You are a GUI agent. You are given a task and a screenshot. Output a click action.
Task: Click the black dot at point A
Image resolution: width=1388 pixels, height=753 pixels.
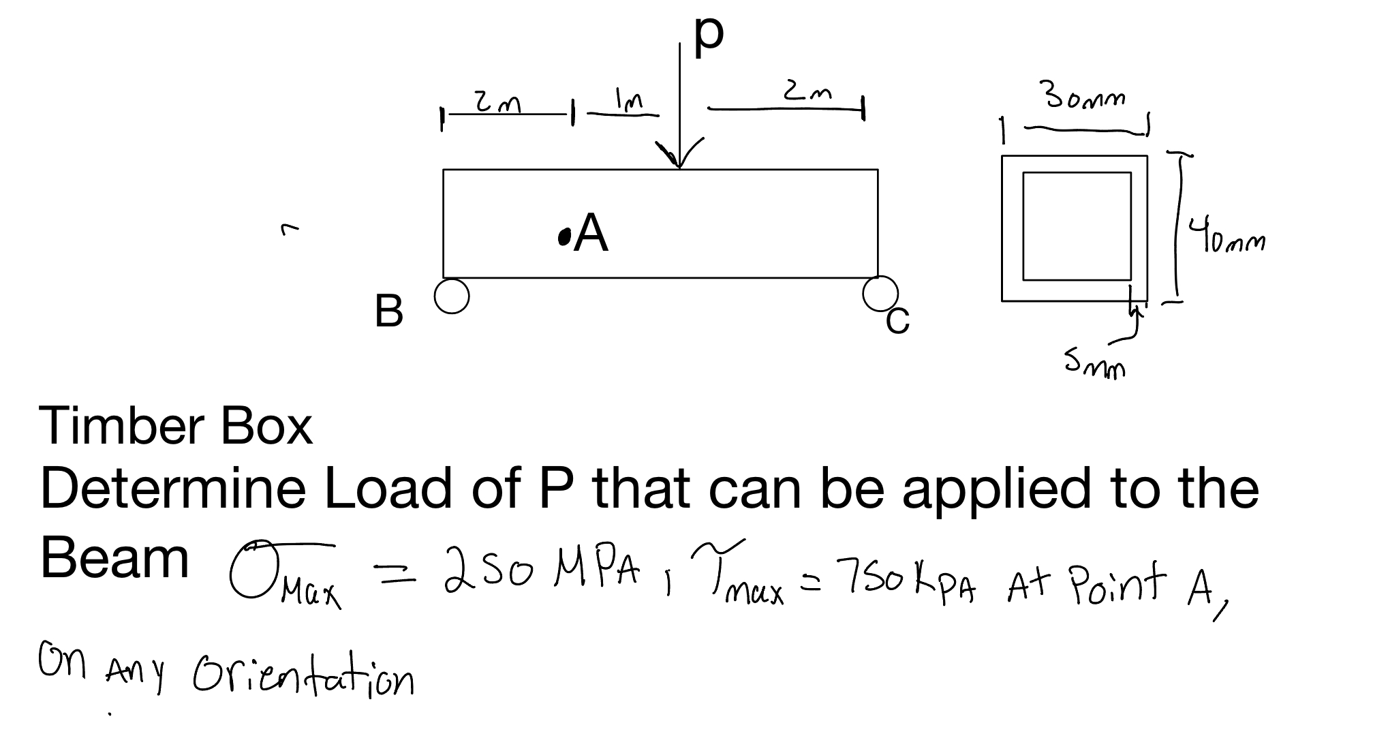point(564,236)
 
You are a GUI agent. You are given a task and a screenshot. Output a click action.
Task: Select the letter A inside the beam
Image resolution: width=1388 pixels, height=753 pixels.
point(591,233)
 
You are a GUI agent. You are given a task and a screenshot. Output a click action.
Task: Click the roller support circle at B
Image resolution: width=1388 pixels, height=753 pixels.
point(452,296)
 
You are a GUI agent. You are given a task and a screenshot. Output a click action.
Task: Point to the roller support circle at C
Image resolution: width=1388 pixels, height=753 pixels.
point(880,293)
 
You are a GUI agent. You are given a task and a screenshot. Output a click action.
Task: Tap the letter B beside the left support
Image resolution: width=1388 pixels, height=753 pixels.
point(388,311)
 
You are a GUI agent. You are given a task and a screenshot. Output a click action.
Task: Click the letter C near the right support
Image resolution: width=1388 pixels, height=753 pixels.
point(897,321)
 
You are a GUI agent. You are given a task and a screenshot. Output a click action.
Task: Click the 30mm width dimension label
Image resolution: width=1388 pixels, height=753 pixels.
point(1085,99)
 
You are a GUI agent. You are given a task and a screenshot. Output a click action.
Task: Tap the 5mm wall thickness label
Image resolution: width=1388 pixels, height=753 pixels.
point(1095,365)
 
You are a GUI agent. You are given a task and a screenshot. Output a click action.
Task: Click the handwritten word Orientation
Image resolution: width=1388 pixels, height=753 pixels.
point(304,675)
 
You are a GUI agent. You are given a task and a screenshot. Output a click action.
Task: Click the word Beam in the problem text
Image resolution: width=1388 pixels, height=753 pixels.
point(114,557)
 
